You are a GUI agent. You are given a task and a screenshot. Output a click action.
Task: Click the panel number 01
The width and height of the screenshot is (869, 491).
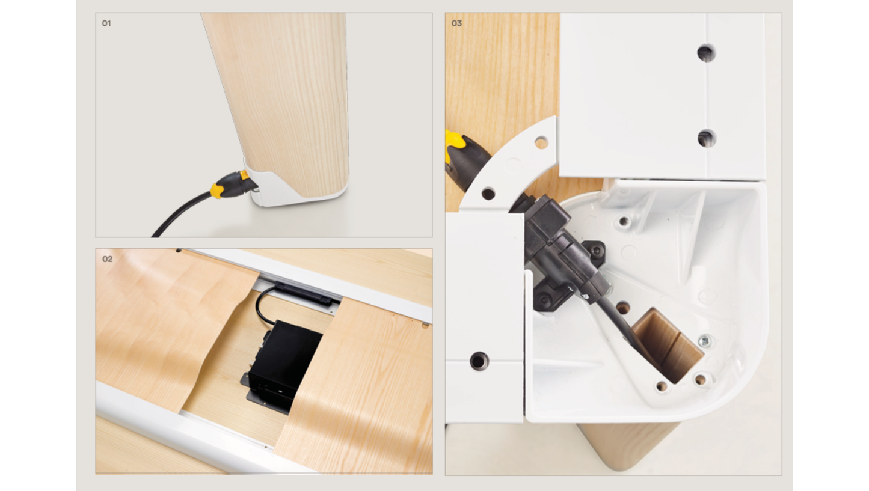pos(106,23)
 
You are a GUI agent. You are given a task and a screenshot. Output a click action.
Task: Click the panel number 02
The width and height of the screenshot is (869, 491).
pos(108,259)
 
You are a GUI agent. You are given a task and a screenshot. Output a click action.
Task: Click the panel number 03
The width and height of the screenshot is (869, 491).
pos(456,23)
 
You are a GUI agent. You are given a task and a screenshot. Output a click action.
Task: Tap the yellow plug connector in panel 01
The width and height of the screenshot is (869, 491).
pos(233,185)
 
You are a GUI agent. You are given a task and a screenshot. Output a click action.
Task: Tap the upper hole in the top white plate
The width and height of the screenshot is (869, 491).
pos(706,53)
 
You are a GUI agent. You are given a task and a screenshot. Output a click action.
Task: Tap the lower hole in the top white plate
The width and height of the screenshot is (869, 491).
pos(707,138)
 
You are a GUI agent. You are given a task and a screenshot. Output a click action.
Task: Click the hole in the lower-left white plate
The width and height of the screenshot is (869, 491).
pos(479,361)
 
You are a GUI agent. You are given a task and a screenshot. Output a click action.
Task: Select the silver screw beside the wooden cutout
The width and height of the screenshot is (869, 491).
pos(705,342)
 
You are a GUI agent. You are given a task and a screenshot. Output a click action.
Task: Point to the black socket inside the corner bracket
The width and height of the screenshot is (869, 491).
pos(562,252)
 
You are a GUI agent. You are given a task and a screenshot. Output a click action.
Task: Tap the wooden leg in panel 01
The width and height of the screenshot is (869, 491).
pos(283,105)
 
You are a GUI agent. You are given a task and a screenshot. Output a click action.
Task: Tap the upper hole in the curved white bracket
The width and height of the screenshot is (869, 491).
pos(541,142)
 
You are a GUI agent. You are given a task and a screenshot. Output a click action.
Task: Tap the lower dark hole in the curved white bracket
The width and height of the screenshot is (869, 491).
pos(488,193)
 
